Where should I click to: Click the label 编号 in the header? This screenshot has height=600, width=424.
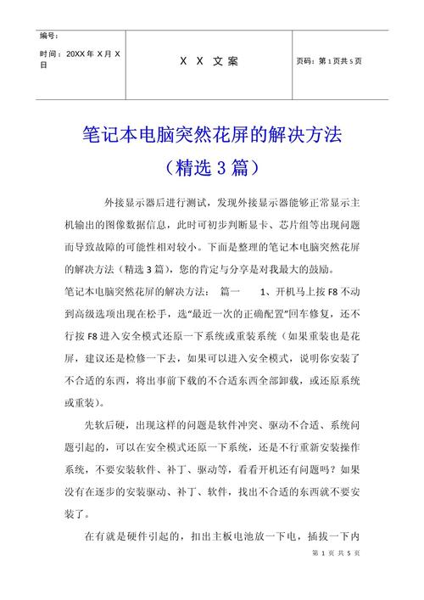coord(48,36)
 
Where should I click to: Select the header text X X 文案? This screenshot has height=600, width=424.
coord(209,61)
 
